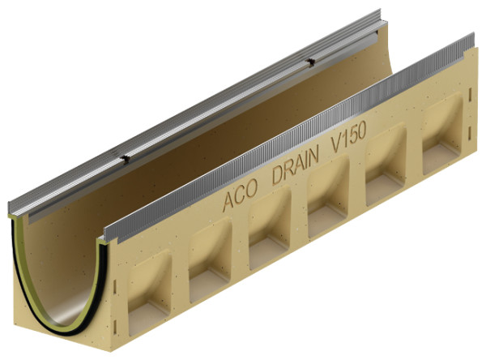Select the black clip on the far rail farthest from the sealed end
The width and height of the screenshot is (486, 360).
[309, 62]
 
